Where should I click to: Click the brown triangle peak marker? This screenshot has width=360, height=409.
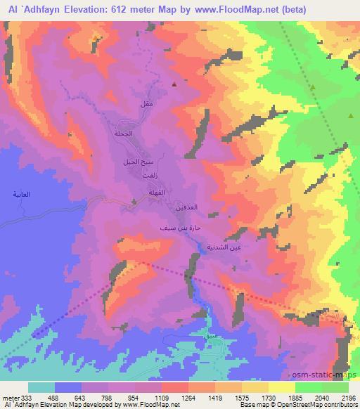[174, 84]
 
